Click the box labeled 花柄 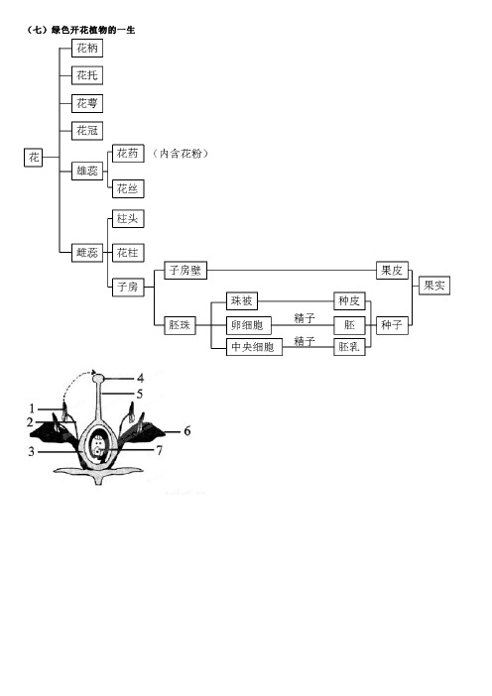[x=87, y=48]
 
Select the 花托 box [x=87, y=75]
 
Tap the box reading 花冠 [x=87, y=131]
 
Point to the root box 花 [x=34, y=157]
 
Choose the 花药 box [x=128, y=153]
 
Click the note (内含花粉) [x=180, y=154]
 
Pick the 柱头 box [x=128, y=218]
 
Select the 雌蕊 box [x=87, y=253]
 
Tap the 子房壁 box [x=185, y=270]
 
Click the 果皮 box [x=392, y=270]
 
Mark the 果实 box [x=434, y=285]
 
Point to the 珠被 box [x=242, y=301]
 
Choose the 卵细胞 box [x=249, y=325]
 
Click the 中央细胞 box [x=254, y=347]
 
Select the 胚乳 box [x=349, y=347]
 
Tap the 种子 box [x=392, y=325]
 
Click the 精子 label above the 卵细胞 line [x=305, y=318]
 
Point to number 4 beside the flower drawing [x=140, y=379]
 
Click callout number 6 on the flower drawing [x=186, y=430]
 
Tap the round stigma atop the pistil [x=98, y=378]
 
